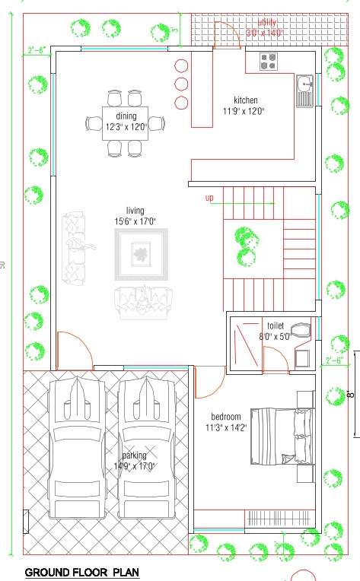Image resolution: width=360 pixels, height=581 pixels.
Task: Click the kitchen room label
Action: coord(246,100)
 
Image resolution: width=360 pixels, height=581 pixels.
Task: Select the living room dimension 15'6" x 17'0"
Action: coord(135,222)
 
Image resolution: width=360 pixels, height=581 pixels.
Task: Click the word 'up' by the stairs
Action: coord(210,198)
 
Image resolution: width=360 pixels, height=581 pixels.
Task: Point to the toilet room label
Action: coord(275,325)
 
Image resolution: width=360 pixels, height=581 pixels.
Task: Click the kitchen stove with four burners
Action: coord(269,62)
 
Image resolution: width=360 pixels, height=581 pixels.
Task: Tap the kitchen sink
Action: coord(304,90)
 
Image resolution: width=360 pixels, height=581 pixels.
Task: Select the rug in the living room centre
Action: coord(139,252)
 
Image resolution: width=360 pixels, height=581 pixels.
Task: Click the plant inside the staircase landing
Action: coord(245,246)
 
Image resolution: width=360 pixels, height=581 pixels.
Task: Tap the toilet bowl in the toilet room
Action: coord(301,330)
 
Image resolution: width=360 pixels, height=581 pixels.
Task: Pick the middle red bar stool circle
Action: coord(182,84)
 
